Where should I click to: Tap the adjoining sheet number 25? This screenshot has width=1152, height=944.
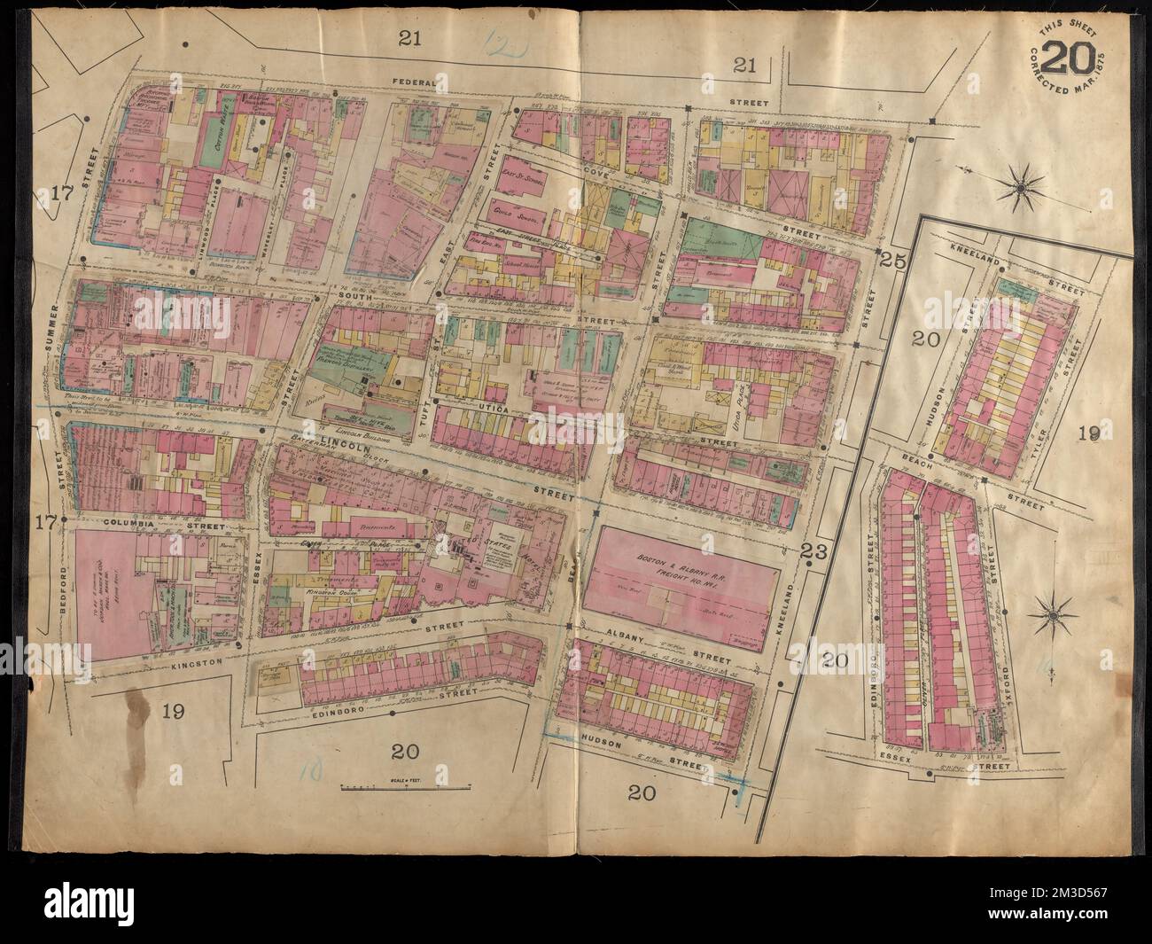(889, 259)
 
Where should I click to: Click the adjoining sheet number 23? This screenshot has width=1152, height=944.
(813, 551)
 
